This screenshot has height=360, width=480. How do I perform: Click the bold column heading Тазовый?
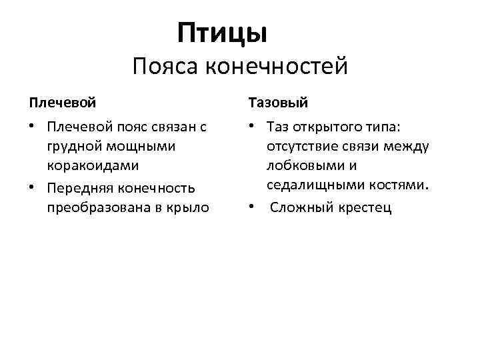coord(279,104)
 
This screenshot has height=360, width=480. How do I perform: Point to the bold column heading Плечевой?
coord(62,104)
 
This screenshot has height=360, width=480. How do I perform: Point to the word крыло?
coord(190,207)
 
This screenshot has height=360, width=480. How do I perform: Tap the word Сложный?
coord(298,207)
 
